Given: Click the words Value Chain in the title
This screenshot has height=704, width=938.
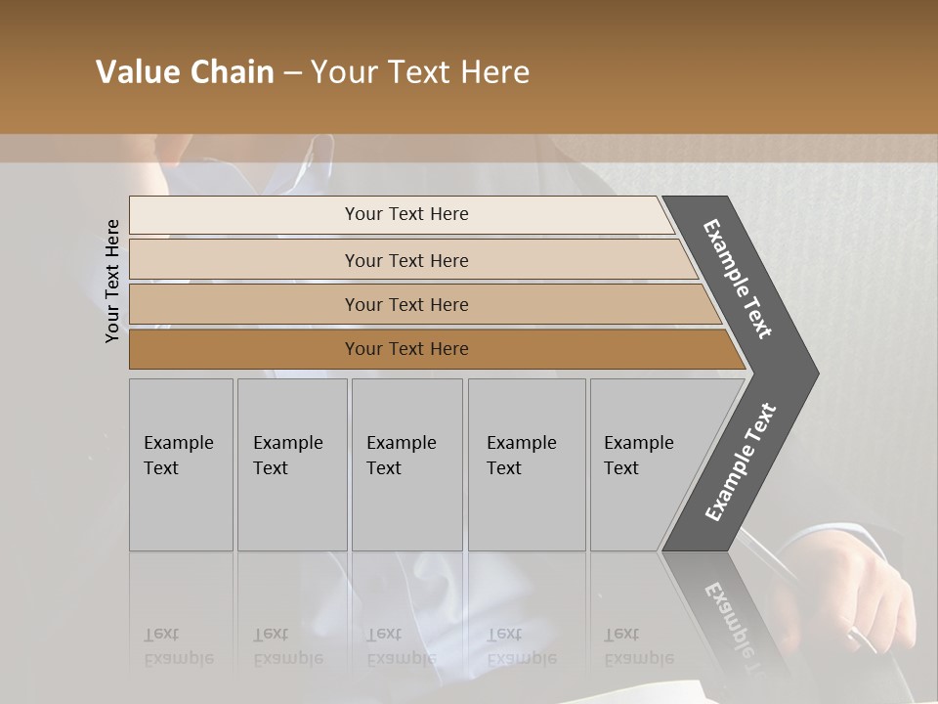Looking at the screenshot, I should click(x=185, y=72).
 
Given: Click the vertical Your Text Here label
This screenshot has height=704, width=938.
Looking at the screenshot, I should click(x=112, y=281).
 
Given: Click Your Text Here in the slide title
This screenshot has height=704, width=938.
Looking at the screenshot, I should click(x=420, y=72).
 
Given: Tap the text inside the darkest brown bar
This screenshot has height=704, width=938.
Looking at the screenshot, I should click(x=406, y=349).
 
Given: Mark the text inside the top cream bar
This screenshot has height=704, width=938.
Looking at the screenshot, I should click(x=406, y=214).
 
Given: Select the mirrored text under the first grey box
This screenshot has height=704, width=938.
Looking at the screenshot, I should click(x=178, y=646).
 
